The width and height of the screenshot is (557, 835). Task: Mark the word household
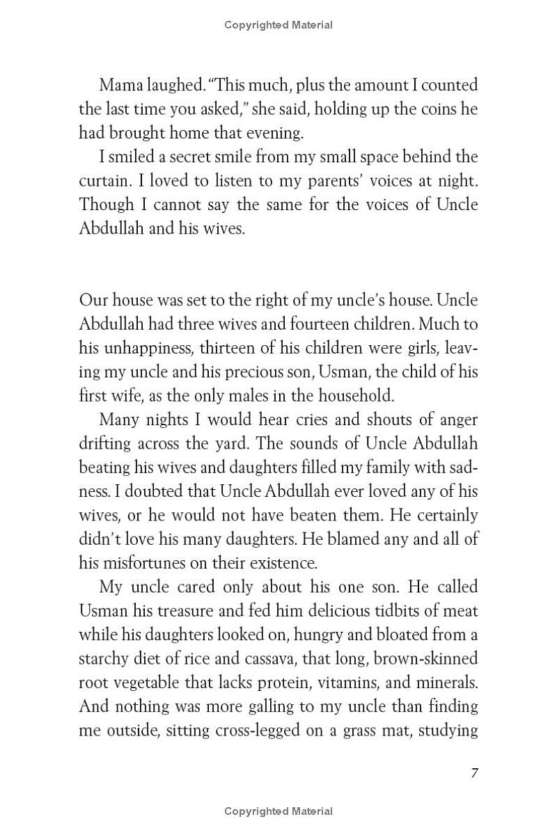point(354,396)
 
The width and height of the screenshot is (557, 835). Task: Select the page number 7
point(474,774)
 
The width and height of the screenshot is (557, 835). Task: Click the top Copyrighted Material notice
point(278,25)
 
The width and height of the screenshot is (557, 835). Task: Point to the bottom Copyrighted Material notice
point(278,811)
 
